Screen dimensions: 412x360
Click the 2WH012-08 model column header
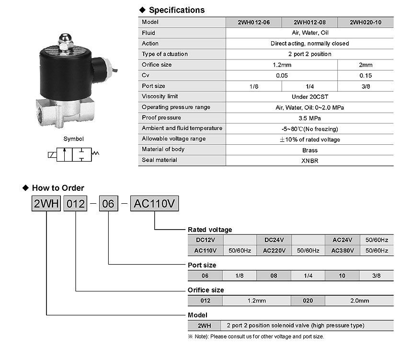tap(309, 23)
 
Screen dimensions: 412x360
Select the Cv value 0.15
tap(366, 76)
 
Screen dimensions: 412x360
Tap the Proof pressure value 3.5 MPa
tap(309, 118)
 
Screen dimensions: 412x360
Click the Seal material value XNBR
tap(310, 161)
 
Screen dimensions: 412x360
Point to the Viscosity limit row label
tap(160, 96)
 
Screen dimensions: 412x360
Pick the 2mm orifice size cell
tap(366, 65)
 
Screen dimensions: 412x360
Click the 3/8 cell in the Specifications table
tap(366, 86)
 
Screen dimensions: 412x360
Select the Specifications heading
tap(177, 10)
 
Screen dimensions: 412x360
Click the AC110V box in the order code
tap(154, 203)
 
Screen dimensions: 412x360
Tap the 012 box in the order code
tap(75, 203)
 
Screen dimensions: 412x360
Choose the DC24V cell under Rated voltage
tap(274, 240)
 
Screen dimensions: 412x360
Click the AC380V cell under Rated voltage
tap(343, 251)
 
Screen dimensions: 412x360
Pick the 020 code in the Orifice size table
tap(308, 301)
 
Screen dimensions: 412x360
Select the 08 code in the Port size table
tap(274, 276)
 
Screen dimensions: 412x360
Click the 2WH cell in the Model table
tap(205, 325)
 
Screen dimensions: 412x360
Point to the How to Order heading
tap(58, 188)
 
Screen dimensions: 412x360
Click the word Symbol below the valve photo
tap(74, 139)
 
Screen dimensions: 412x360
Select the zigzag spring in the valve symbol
tap(95, 153)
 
